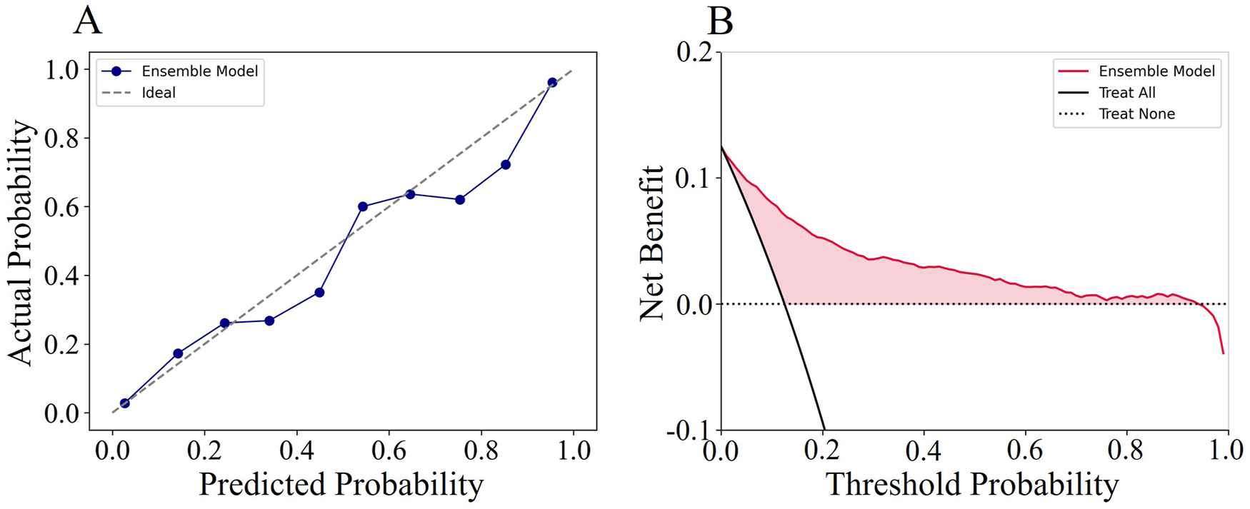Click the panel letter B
pyautogui.click(x=720, y=21)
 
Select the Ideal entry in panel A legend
pyautogui.click(x=158, y=93)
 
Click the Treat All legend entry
pyautogui.click(x=1126, y=93)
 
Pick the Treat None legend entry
pyautogui.click(x=1136, y=114)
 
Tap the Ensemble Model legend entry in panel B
pyautogui.click(x=1156, y=71)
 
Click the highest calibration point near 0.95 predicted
pyautogui.click(x=552, y=83)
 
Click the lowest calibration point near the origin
pyautogui.click(x=125, y=403)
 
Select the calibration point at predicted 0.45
pyautogui.click(x=319, y=293)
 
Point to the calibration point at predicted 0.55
pyautogui.click(x=363, y=207)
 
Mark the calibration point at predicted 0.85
pyautogui.click(x=506, y=165)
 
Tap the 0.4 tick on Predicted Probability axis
pyautogui.click(x=296, y=451)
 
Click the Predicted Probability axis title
pyautogui.click(x=341, y=485)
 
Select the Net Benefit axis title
pyautogui.click(x=651, y=243)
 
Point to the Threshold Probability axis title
pyautogui.click(x=972, y=485)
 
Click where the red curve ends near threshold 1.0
pyautogui.click(x=1223, y=353)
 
